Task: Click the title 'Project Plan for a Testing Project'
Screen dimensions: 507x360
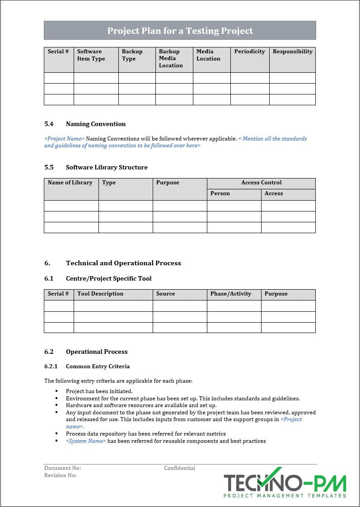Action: tap(180, 31)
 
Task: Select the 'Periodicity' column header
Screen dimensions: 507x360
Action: tap(249, 52)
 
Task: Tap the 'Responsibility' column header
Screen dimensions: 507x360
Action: tap(292, 52)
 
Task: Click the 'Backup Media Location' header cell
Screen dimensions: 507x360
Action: tap(171, 58)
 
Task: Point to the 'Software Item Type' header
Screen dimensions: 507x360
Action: tap(91, 55)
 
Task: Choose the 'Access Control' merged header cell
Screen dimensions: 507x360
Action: tap(261, 183)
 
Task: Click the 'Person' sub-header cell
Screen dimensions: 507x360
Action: tap(220, 193)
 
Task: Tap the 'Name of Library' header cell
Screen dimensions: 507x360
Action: tap(70, 183)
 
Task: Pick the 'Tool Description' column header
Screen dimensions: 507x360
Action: tap(100, 294)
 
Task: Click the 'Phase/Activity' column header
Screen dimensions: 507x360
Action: tap(230, 294)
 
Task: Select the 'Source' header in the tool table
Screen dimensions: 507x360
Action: tap(165, 294)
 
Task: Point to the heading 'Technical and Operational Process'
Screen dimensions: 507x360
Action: tap(123, 263)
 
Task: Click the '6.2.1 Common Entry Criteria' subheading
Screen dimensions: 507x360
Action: tap(98, 366)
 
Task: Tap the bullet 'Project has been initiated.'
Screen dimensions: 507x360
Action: tap(99, 391)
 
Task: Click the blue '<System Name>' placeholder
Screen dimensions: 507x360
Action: tap(86, 441)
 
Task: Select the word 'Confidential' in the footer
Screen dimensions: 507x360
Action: tap(179, 468)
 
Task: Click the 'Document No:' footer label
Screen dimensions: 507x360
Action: tap(62, 468)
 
